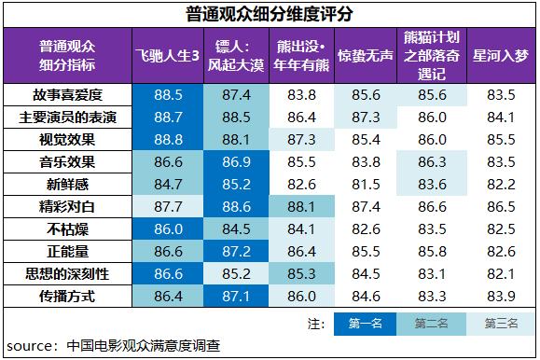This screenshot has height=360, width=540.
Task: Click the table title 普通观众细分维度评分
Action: tap(270, 14)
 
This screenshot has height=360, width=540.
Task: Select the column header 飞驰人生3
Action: tap(169, 56)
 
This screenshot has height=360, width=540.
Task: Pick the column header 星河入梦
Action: tap(501, 56)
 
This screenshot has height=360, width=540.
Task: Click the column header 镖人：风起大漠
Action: tap(235, 56)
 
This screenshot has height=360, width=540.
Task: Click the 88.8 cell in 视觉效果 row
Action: tap(169, 140)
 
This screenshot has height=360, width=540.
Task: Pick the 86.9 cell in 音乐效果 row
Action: tap(235, 162)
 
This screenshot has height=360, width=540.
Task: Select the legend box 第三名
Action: tap(501, 324)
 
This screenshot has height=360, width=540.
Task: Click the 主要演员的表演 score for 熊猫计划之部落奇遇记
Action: tap(432, 118)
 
